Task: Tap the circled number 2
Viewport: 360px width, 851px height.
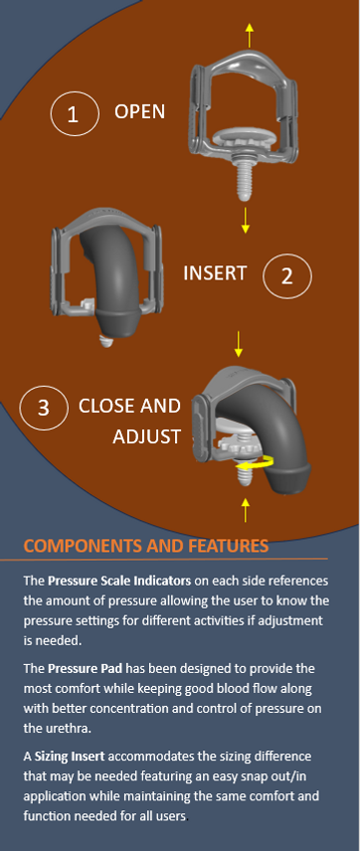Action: (287, 275)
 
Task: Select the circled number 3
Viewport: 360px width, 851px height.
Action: (44, 408)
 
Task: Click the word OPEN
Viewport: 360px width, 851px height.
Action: (139, 111)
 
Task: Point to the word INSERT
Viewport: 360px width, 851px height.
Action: (215, 272)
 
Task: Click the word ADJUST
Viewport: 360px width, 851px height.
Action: (146, 437)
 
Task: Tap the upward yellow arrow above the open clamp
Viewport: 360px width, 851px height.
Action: (249, 27)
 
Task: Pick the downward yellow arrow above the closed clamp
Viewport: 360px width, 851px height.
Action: (238, 344)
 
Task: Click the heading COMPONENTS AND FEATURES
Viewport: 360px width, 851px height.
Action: (145, 546)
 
